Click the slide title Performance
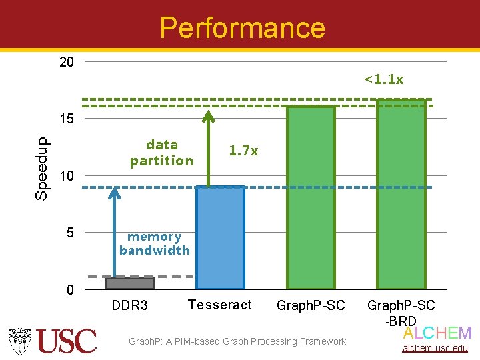tap(242, 28)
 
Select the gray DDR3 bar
tap(130, 283)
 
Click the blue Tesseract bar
tap(220, 237)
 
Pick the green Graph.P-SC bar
tap(311, 197)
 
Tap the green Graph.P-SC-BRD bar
tap(401, 194)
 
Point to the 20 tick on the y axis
tap(66, 63)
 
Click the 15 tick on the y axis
tap(66, 119)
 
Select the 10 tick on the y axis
tap(66, 176)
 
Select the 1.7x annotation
tap(243, 151)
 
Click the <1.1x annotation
tap(384, 80)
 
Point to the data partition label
tap(161, 153)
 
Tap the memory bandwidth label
tap(155, 243)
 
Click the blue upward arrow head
tap(115, 193)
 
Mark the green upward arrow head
tap(209, 117)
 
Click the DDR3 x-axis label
tap(130, 306)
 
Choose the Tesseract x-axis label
tap(220, 305)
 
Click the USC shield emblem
tap(21, 341)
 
